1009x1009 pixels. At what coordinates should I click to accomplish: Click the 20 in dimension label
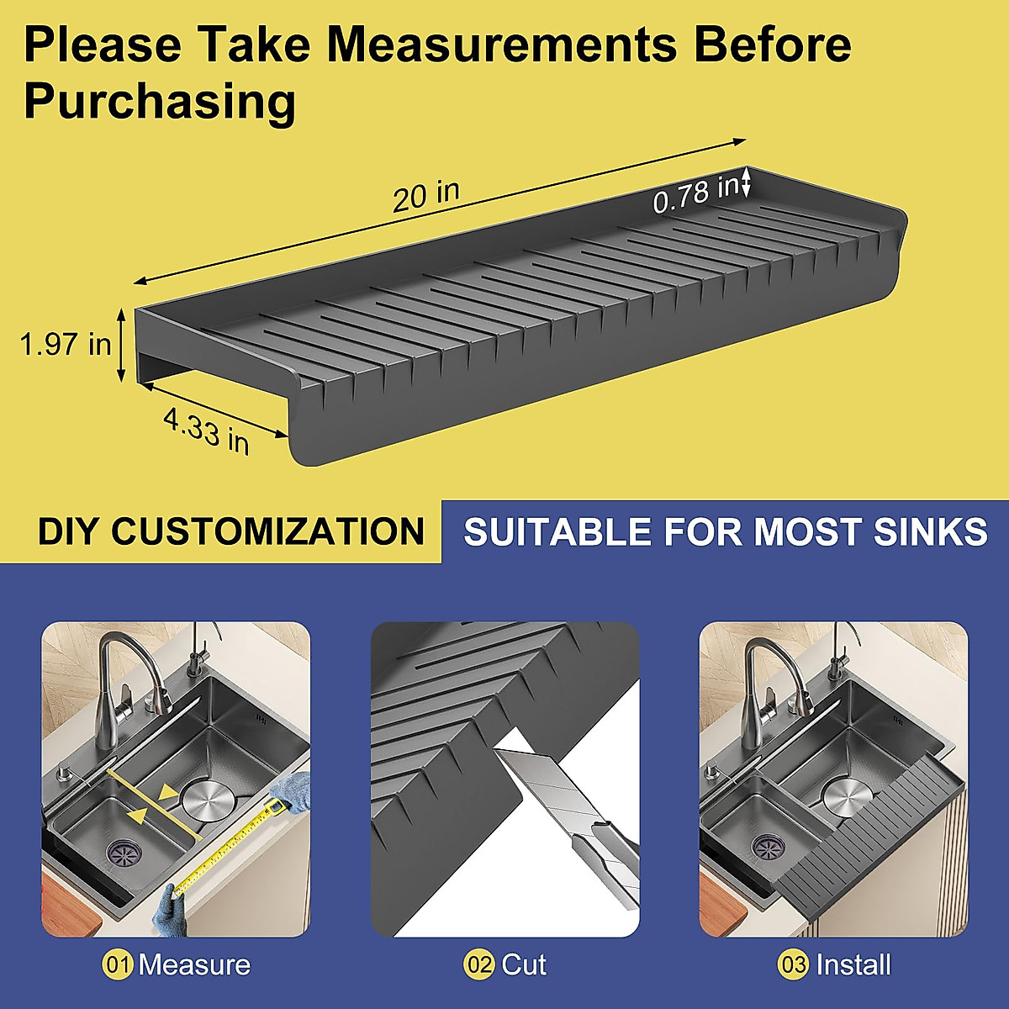pos(426,196)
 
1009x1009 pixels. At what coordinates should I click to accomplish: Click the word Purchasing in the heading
pos(160,102)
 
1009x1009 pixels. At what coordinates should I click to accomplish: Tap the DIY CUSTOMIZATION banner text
pos(231,531)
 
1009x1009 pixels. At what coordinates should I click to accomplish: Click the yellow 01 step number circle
pos(118,964)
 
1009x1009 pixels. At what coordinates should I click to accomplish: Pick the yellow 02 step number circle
pos(478,964)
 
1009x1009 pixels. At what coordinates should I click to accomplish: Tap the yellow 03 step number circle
pos(793,964)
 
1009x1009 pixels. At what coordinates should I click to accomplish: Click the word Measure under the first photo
pos(194,964)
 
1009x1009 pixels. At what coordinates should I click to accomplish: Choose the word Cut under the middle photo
pos(524,964)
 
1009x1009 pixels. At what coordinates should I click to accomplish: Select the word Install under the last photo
pos(853,964)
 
